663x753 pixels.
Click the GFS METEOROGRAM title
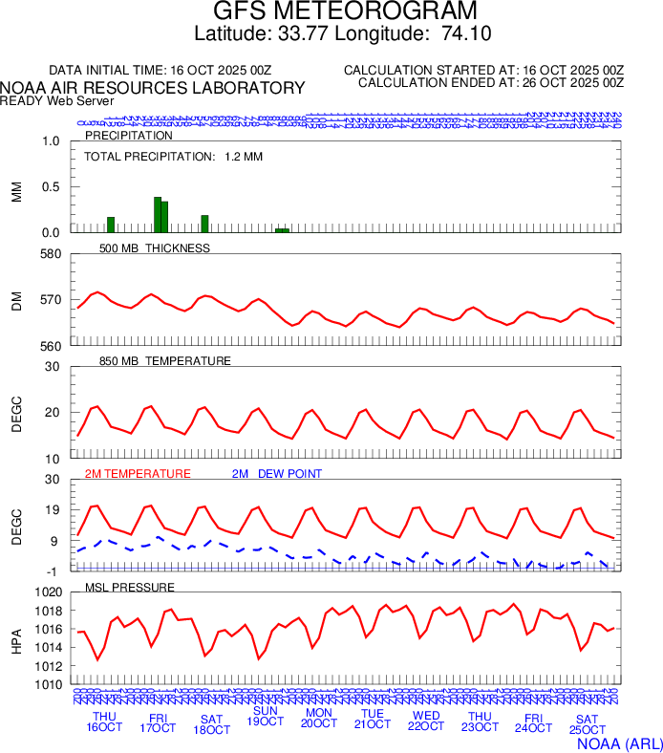344,11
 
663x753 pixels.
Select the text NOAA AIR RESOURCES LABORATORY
153,88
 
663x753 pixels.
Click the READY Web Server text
57,100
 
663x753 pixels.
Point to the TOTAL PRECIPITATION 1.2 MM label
173,156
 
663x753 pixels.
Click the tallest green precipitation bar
158,214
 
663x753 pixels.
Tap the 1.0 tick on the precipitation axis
51,141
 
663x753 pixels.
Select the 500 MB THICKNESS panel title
154,248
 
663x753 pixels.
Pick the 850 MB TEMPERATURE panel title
164,361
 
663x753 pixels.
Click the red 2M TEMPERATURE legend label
138,473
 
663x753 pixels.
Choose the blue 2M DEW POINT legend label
276,473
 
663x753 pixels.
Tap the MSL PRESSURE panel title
130,586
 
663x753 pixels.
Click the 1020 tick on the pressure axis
47,592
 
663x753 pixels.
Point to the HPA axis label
16,638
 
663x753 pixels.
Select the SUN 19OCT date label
265,716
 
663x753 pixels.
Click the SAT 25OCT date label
587,724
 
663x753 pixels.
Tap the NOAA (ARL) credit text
619,742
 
